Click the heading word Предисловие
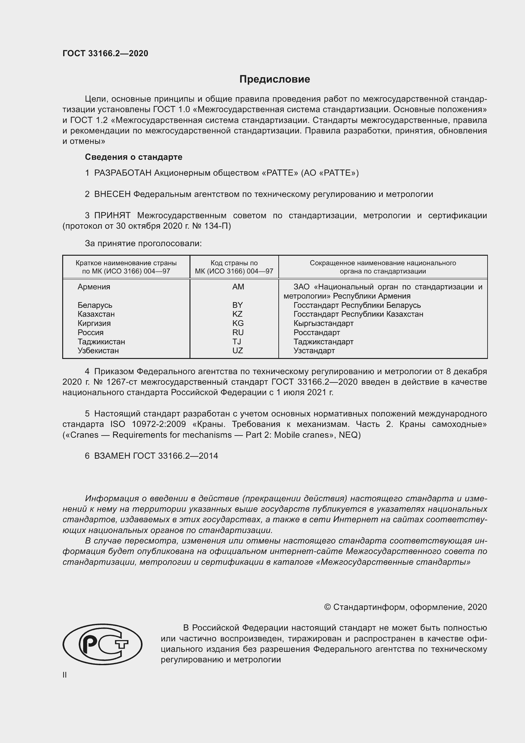tap(275, 79)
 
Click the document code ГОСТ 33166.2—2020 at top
tap(105, 54)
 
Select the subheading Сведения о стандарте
tap(134, 157)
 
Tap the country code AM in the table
tap(238, 287)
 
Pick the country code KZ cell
tap(237, 314)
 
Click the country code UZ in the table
tap(237, 350)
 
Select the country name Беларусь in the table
tap(95, 305)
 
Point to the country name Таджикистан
tap(101, 342)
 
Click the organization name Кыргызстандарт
tap(323, 323)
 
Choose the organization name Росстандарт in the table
tap(316, 332)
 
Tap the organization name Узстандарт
tap(314, 350)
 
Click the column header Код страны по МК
tap(234, 267)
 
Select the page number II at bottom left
tap(65, 675)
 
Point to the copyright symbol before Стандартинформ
tap(327, 607)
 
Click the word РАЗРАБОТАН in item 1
tap(123, 173)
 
